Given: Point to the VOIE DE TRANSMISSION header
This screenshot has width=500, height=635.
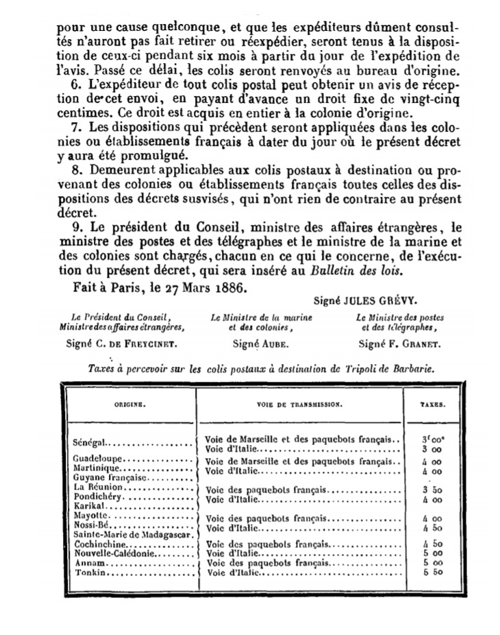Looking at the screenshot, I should coord(299,405).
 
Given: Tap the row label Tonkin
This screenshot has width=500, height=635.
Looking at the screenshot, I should coord(88,572).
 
